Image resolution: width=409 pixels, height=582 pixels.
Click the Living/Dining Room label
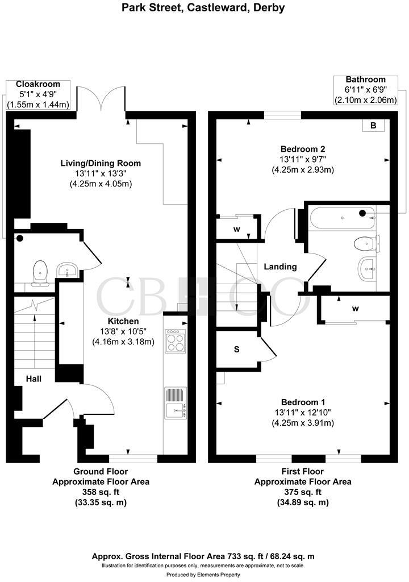point(101,163)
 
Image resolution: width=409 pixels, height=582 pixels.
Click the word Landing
point(280,267)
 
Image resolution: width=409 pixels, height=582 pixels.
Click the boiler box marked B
point(373,126)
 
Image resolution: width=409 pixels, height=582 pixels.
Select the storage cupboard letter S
point(237,350)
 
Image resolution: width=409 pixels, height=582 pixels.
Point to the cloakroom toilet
point(39,271)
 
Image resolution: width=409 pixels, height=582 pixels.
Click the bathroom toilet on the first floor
point(364,244)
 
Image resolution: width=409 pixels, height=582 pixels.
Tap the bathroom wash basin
point(367,266)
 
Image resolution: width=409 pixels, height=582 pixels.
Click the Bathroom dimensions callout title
point(366,80)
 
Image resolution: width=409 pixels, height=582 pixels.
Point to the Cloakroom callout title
point(38,84)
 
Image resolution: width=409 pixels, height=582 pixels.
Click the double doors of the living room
point(101,98)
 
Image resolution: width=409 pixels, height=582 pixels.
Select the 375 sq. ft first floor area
point(303,492)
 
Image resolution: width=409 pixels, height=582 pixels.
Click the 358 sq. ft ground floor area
point(101,492)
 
